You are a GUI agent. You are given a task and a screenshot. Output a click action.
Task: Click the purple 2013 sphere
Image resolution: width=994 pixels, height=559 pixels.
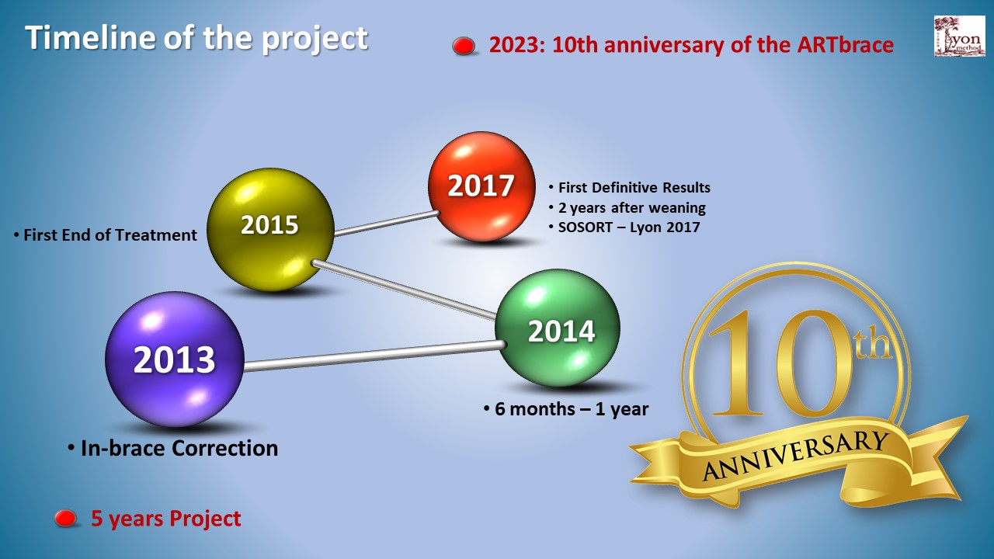point(175,359)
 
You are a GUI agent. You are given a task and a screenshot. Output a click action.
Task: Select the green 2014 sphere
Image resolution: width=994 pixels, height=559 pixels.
point(558,328)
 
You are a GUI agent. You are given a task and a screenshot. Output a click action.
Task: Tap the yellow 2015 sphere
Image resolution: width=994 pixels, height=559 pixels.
point(270,229)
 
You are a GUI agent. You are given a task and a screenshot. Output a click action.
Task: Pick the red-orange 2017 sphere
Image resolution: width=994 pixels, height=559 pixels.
point(481,186)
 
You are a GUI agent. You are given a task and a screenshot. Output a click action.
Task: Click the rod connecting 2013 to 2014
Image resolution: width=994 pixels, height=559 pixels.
point(375,356)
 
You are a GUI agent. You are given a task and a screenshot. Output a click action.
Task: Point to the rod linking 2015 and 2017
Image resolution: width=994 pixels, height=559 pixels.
point(387,223)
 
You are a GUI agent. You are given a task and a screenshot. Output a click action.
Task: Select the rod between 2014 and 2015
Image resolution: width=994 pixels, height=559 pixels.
point(404,290)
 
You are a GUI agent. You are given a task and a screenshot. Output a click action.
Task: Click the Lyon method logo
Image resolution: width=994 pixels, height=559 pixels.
point(959,36)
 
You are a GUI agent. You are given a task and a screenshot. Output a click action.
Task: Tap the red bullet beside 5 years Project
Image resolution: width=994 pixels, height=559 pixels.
point(65,518)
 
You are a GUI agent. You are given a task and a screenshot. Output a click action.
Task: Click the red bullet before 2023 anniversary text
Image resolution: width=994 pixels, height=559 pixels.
point(464,46)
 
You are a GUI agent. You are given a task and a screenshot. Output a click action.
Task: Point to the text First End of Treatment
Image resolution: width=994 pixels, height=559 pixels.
point(110,234)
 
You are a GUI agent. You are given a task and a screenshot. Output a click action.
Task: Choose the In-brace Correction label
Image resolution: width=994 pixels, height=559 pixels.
point(179,448)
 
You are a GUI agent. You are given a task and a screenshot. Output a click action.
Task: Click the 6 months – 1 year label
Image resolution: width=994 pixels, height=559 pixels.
point(572,408)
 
